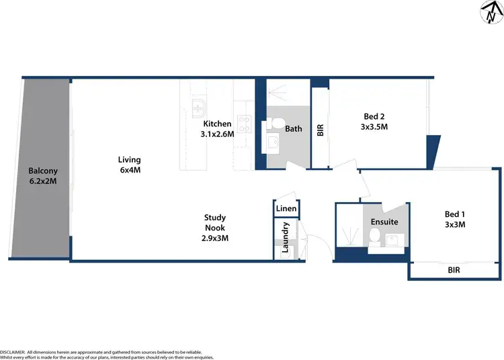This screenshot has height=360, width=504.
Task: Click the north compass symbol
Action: click(x=489, y=12)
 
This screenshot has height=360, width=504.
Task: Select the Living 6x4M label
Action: click(x=129, y=165)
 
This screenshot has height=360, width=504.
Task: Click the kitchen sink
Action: click(x=199, y=107)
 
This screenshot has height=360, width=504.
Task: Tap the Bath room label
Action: click(x=294, y=129)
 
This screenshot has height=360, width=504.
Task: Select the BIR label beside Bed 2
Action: click(x=321, y=130)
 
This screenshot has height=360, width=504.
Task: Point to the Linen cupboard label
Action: click(x=286, y=209)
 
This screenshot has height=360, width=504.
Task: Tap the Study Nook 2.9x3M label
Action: click(x=215, y=228)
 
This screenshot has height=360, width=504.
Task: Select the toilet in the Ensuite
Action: click(x=374, y=236)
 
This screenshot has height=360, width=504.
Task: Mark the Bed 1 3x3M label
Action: click(x=456, y=220)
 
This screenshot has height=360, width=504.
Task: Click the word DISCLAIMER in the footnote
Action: click(x=12, y=351)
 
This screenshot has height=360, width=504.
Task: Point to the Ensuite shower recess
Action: click(x=351, y=232)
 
